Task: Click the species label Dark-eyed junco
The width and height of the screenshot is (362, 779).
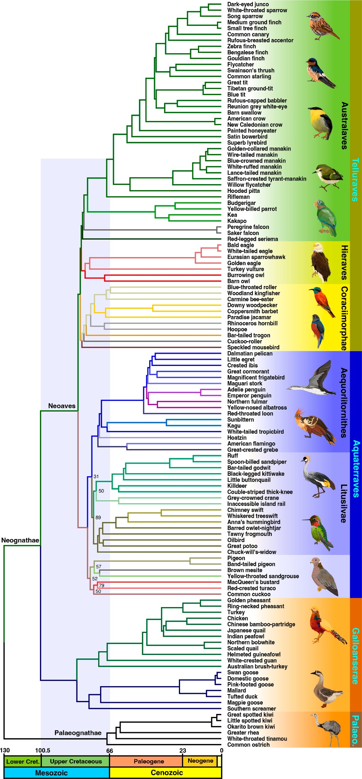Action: pyautogui.click(x=248, y=4)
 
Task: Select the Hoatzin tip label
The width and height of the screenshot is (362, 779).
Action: pyautogui.click(x=237, y=438)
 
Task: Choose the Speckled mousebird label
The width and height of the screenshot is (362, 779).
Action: pyautogui.click(x=253, y=347)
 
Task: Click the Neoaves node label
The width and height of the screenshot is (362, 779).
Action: pyautogui.click(x=62, y=406)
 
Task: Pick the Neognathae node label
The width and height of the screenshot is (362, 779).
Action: pyautogui.click(x=20, y=541)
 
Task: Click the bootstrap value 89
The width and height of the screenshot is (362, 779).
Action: pyautogui.click(x=98, y=518)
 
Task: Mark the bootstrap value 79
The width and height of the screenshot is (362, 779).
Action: pyautogui.click(x=101, y=585)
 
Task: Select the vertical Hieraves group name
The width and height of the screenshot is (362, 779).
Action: pyautogui.click(x=344, y=262)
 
